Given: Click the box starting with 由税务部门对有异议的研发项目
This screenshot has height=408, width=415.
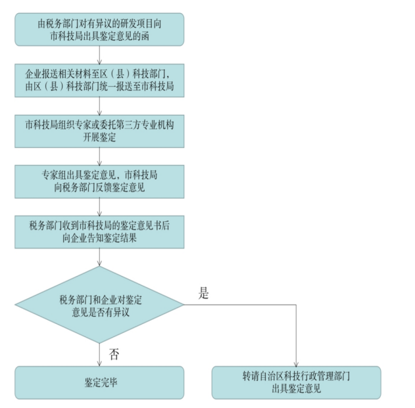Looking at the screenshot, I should (x=99, y=29).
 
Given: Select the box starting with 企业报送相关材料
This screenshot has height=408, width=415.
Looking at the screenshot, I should (x=99, y=78).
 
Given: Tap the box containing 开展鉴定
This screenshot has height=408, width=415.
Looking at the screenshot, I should (x=99, y=129).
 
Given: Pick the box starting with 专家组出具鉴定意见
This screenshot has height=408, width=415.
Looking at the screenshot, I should (x=99, y=181).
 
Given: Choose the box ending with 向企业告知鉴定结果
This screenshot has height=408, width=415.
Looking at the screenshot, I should (x=99, y=231).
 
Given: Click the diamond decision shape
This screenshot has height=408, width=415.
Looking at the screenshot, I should (x=99, y=304).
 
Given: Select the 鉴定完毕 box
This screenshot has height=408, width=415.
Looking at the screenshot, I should (x=99, y=382).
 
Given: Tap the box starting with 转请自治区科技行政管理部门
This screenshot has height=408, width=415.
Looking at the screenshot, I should (x=295, y=382).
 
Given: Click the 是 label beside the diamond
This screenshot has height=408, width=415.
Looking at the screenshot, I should (x=204, y=294).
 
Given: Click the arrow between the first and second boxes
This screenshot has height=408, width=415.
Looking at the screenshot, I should (x=99, y=54).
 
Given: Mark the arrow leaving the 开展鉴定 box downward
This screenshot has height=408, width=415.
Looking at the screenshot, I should (x=99, y=155).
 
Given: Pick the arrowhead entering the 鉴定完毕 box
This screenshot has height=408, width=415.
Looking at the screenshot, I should (x=99, y=363).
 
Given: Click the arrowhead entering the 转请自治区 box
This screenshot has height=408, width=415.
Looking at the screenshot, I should (x=295, y=363).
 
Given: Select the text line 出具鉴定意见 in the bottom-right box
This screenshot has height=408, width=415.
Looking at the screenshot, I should (x=295, y=388).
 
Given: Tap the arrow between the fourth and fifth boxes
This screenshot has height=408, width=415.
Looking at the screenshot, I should (x=99, y=206).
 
